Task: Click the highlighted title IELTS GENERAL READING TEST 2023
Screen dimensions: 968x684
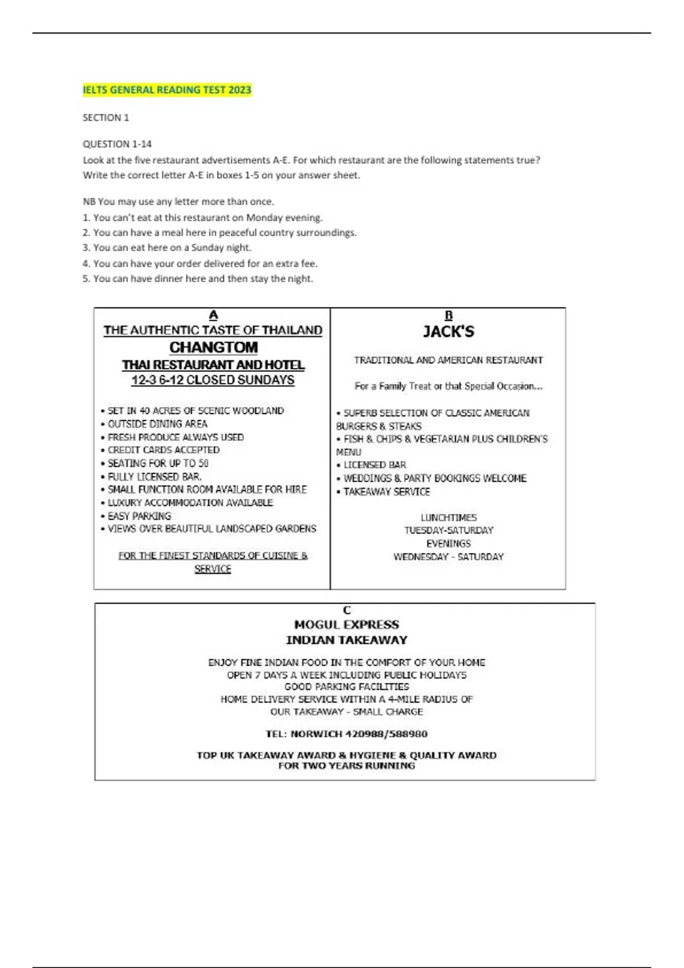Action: (x=166, y=90)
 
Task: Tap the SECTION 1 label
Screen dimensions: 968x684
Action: (x=106, y=118)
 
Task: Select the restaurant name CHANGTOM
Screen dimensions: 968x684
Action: (x=213, y=347)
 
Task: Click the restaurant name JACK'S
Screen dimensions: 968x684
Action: (x=449, y=331)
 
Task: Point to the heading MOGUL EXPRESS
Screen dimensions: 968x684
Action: (x=347, y=625)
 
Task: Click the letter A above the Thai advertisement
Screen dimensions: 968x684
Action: (x=213, y=315)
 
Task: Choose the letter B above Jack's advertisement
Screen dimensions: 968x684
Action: (x=449, y=315)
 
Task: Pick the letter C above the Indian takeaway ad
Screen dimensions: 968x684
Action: (x=347, y=610)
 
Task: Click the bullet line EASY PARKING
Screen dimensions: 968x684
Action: (x=139, y=516)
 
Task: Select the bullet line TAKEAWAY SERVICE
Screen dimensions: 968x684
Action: (x=386, y=491)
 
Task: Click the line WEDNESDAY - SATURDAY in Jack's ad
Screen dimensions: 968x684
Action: (x=449, y=557)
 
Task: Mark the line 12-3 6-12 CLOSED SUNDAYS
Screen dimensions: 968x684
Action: (x=213, y=380)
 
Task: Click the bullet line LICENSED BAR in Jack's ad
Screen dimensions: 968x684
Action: (x=374, y=465)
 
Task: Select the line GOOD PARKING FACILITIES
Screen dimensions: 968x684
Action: (x=347, y=687)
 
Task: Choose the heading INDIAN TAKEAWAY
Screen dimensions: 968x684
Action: (x=347, y=640)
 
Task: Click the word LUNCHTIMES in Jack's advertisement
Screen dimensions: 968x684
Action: (x=449, y=518)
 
